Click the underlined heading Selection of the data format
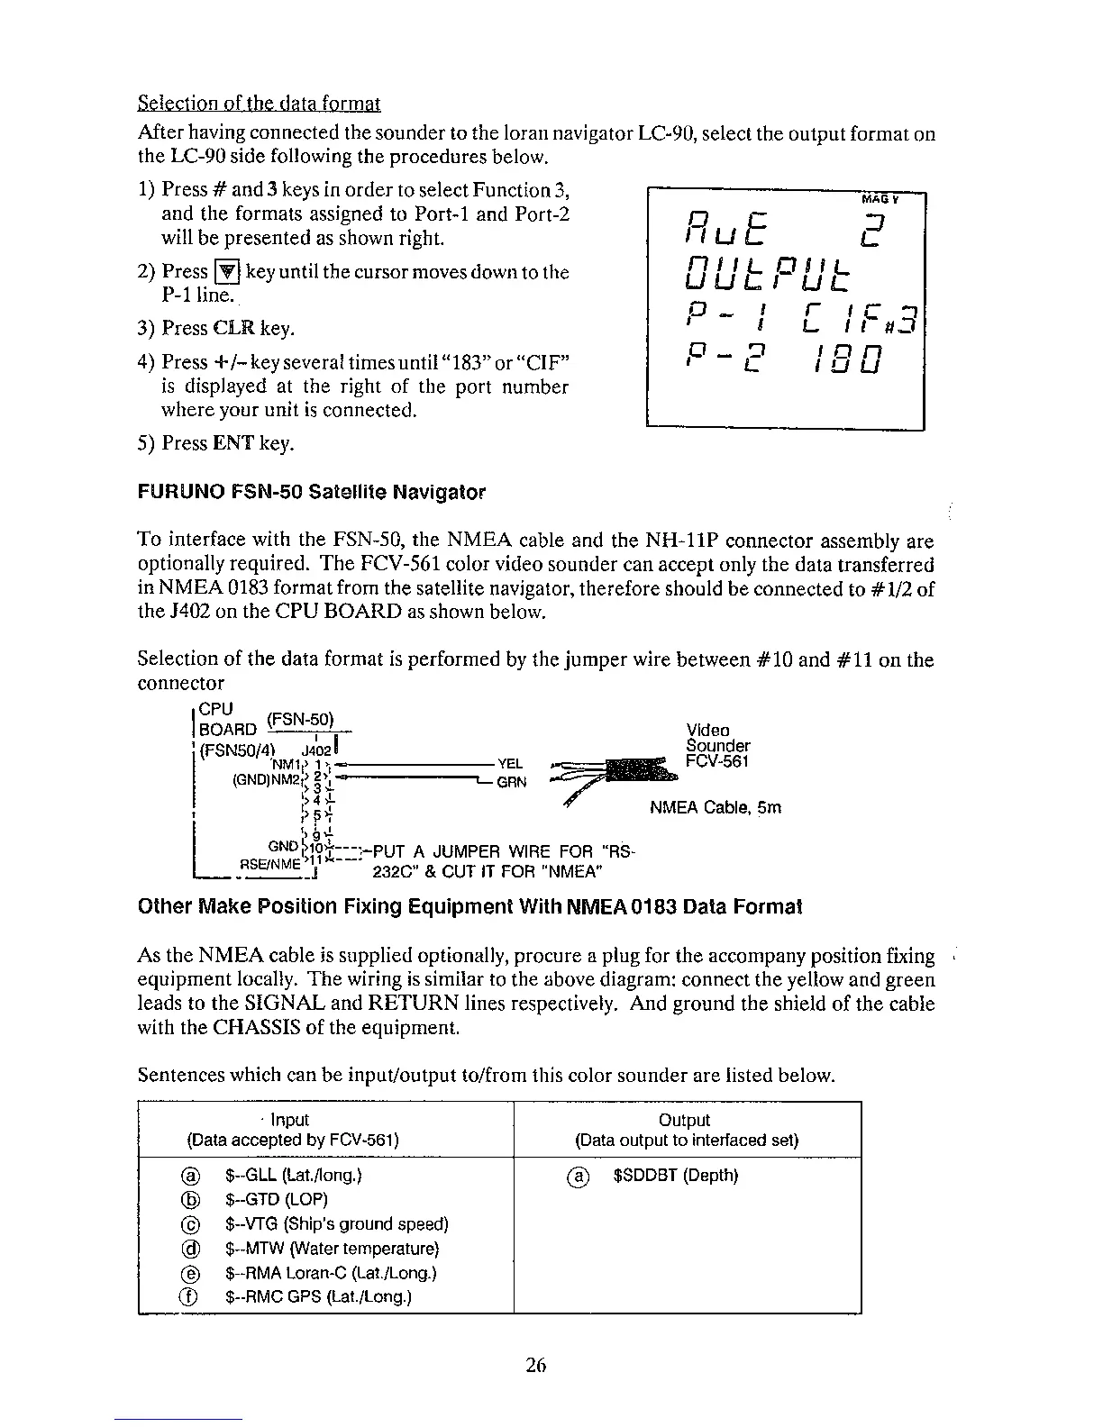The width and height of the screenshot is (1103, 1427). click(260, 104)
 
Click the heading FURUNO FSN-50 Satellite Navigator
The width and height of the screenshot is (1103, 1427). click(311, 493)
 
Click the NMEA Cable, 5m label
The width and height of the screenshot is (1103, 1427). click(716, 807)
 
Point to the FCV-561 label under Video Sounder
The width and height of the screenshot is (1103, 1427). click(717, 761)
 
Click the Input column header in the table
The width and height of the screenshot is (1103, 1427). click(290, 1120)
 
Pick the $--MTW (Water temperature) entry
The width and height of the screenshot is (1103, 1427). click(331, 1249)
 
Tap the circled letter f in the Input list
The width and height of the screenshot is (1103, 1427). click(189, 1297)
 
